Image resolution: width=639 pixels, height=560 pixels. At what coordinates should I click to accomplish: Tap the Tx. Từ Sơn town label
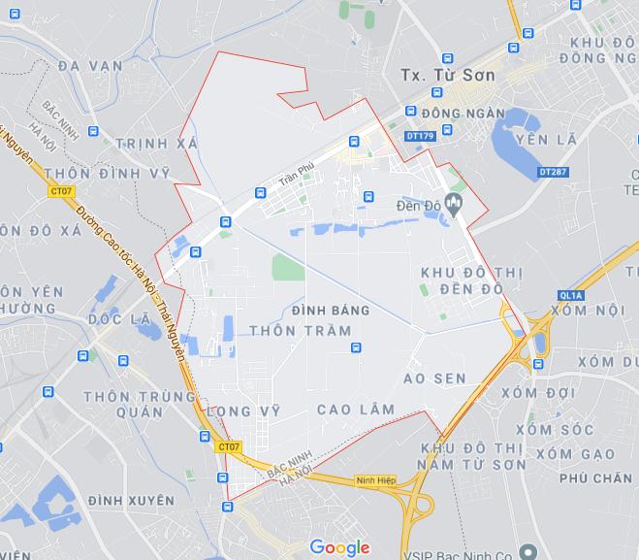pos(447,75)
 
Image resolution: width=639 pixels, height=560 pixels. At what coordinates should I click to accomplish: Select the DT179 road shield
pos(421,137)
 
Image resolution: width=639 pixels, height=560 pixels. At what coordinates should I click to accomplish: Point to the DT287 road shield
pos(552,172)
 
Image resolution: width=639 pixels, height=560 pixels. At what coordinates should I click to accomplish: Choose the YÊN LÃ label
pos(546,140)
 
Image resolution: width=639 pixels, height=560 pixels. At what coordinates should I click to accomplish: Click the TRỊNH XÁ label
pos(156,144)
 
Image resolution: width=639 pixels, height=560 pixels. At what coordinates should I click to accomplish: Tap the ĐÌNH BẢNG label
pos(330,311)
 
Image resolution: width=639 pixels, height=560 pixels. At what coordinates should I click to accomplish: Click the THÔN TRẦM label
pos(300,331)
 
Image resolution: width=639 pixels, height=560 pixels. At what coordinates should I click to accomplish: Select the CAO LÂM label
pos(356,410)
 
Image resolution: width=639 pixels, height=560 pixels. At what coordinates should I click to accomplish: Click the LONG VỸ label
pos(243,412)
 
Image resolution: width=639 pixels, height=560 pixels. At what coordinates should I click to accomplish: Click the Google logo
pos(340,547)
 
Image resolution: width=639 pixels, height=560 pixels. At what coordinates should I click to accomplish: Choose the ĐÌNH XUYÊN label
pos(131,500)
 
